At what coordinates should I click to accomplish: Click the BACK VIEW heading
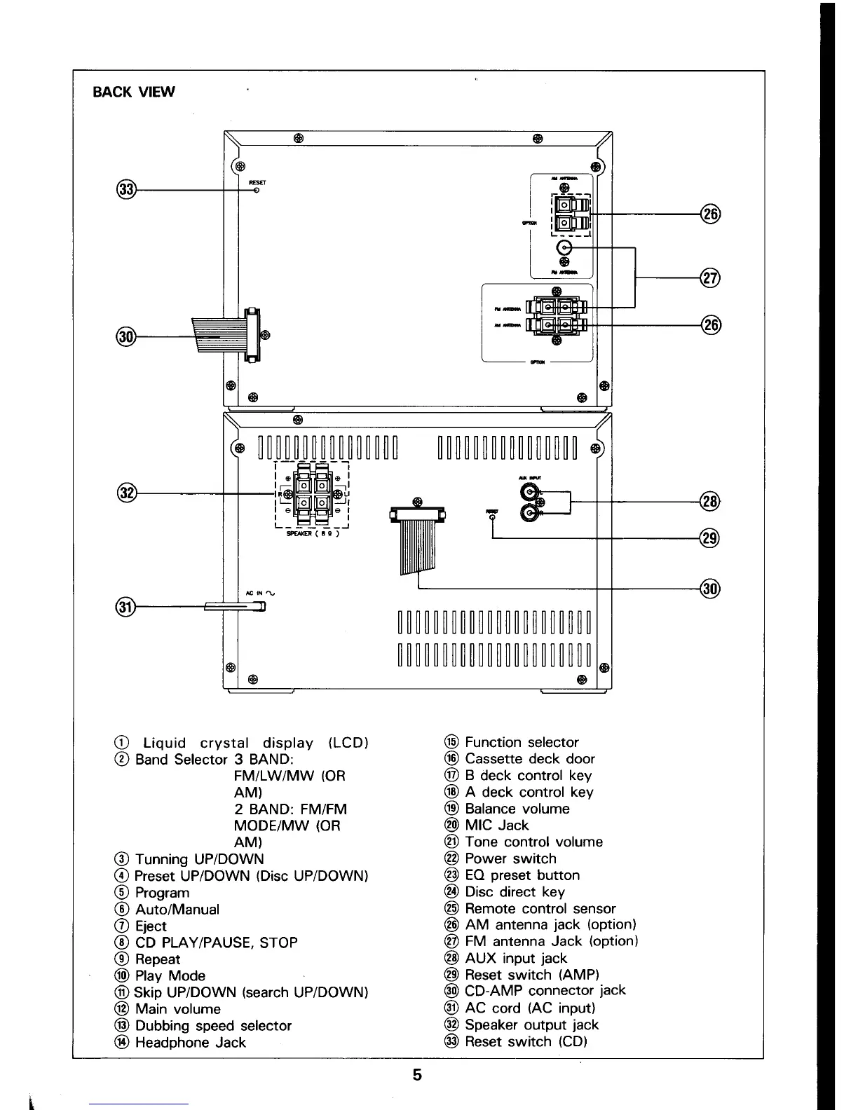coord(134,92)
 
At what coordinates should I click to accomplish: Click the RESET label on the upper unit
coord(257,182)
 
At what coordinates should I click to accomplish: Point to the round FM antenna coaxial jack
coord(565,248)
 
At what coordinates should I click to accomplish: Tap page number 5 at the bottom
coord(417,1074)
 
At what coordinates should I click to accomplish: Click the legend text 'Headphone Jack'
coord(190,1042)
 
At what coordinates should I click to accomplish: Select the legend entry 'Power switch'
coord(510,858)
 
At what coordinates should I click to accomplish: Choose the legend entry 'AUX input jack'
coord(516,958)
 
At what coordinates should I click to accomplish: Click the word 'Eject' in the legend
coord(151,926)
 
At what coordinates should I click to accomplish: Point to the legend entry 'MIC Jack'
coord(496,825)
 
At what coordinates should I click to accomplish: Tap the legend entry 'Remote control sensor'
coord(540,908)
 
